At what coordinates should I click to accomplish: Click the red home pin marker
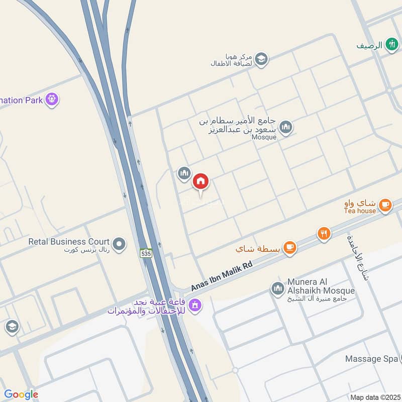coord(201,181)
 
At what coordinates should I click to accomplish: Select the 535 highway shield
coord(146,255)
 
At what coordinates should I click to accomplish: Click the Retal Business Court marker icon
coord(119,245)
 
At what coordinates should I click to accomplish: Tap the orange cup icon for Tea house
coord(385,204)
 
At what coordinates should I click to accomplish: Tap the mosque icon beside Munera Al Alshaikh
coord(277,288)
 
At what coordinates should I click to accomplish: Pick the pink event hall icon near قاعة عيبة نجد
coord(196,305)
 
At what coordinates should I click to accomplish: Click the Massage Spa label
coord(371,359)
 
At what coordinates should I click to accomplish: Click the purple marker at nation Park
coord(51,99)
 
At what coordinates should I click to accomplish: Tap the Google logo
coord(21,394)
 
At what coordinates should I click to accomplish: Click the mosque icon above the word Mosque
coord(285,126)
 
